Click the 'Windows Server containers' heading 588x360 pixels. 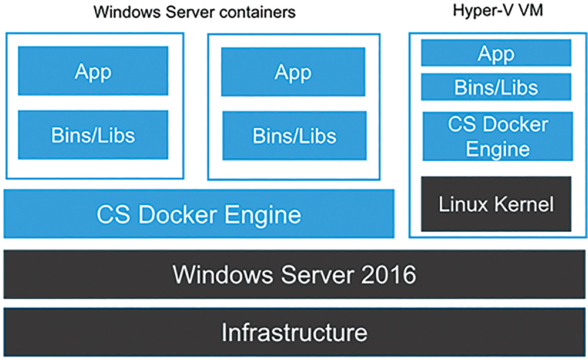[194, 12]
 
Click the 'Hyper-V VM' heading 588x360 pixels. [497, 11]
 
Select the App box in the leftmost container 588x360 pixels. [93, 71]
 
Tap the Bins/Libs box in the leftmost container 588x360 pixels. [93, 135]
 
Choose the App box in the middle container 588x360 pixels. [293, 72]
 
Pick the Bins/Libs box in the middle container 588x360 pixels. [295, 136]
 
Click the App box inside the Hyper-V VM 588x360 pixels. [496, 53]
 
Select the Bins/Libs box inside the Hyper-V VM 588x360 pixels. [496, 87]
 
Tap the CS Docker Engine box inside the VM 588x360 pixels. [497, 136]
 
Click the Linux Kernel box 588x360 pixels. [496, 204]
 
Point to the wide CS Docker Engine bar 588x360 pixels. [199, 214]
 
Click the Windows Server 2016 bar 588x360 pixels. [295, 275]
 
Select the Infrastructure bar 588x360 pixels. [295, 332]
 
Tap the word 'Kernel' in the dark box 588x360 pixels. [524, 204]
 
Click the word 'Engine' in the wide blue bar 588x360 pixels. [263, 216]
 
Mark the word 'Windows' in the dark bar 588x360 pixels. [223, 275]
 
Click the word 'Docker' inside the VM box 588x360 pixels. [516, 124]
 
